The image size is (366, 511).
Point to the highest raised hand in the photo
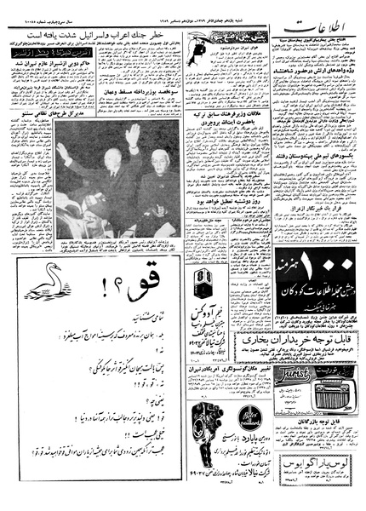133,136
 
